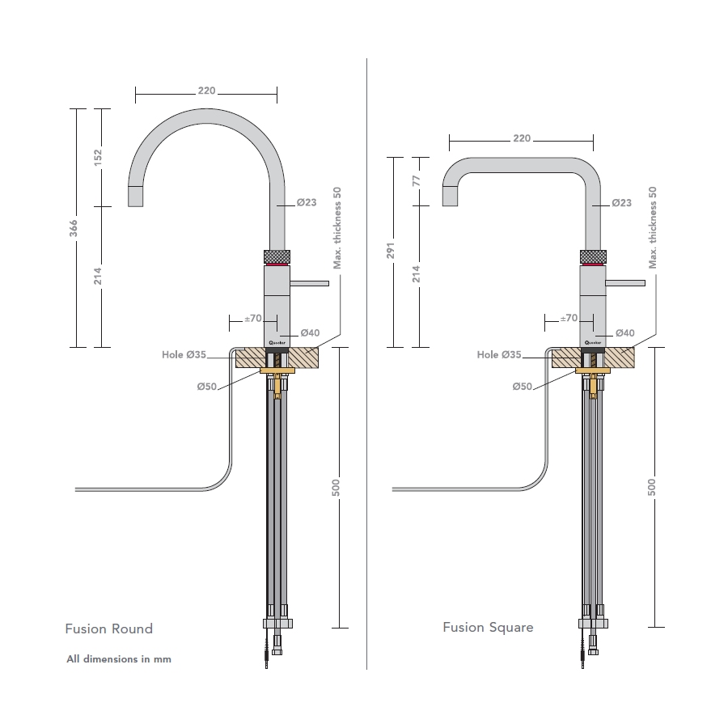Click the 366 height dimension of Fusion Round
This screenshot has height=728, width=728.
74,229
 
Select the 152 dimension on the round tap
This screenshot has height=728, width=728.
99,157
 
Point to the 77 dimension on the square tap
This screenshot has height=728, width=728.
416,180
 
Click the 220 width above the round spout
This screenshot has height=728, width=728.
206,91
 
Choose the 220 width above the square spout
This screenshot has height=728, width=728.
522,138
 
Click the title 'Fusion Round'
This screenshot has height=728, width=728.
108,629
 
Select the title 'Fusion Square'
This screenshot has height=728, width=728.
488,627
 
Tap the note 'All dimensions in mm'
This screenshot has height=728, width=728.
119,659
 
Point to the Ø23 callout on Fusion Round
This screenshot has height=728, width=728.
307,202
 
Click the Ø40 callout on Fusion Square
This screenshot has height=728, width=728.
624,332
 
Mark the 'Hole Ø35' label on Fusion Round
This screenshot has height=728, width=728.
184,354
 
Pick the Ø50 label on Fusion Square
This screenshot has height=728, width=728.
522,387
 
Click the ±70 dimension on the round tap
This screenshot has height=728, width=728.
253,319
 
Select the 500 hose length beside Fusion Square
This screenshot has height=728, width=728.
652,487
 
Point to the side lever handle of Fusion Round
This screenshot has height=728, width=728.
310,283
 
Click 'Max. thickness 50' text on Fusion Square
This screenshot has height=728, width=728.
653,227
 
